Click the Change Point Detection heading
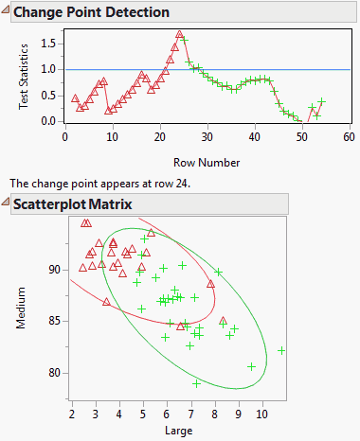click(x=92, y=12)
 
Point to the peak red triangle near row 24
click(x=179, y=35)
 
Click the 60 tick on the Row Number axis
click(x=349, y=137)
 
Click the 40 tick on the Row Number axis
click(x=254, y=137)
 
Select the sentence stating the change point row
click(x=99, y=184)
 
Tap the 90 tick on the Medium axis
click(x=54, y=270)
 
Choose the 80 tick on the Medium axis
click(x=54, y=373)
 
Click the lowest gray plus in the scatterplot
click(x=196, y=383)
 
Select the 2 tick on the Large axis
click(x=72, y=414)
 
